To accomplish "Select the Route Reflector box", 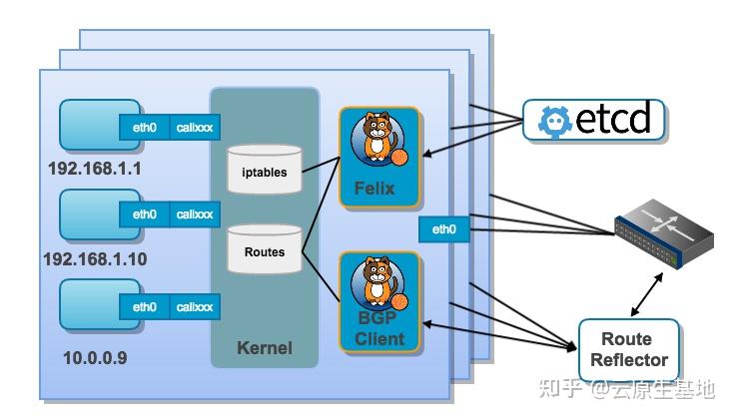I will coord(629,349).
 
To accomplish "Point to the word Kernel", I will coord(265,348).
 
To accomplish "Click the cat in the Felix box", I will coord(377,140).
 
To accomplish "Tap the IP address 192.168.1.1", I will coord(95,168).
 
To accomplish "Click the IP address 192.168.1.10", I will coord(95,259).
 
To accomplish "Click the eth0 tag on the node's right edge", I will coord(443,229).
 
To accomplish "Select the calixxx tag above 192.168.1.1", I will coord(195,127).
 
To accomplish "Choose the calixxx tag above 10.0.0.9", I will coord(195,307).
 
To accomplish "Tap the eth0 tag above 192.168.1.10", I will coord(145,214).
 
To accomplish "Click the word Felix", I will coord(374,188).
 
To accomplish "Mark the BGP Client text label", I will coord(379,329).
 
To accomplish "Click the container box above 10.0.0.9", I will coord(88,305).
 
